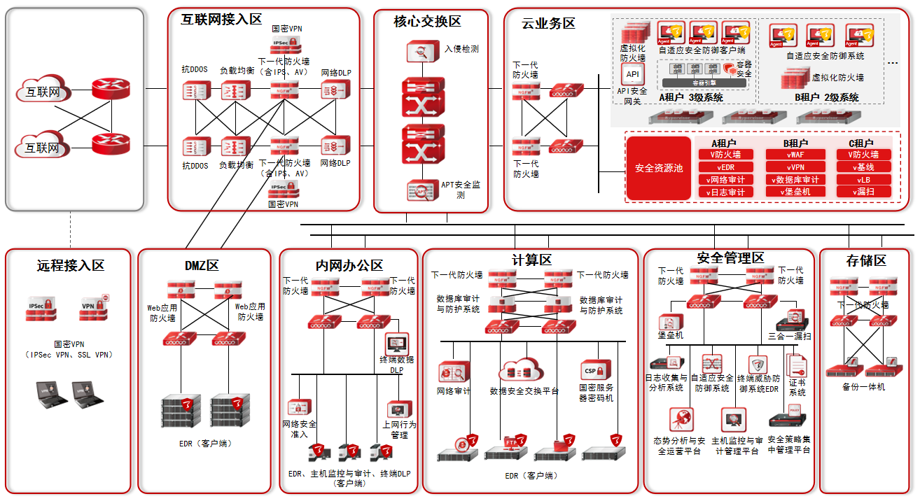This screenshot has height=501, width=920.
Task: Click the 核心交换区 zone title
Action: (427, 22)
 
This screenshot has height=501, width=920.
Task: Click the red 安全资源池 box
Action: (658, 168)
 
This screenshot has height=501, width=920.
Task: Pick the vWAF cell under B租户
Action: (795, 155)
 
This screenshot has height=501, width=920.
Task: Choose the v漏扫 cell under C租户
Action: (865, 192)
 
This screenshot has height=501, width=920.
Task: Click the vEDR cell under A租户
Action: (725, 167)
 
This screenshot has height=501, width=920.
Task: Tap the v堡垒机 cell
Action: (795, 192)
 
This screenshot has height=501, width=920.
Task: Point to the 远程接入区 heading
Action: (70, 265)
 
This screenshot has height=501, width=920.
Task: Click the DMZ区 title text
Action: (202, 265)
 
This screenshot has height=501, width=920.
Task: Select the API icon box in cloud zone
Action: (632, 74)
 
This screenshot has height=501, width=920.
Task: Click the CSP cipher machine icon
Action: (596, 370)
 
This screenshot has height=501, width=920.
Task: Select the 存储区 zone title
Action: (866, 261)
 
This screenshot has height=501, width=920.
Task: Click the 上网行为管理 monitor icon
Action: (399, 409)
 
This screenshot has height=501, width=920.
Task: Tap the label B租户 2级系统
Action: (826, 97)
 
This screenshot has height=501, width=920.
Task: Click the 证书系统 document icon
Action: (797, 365)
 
